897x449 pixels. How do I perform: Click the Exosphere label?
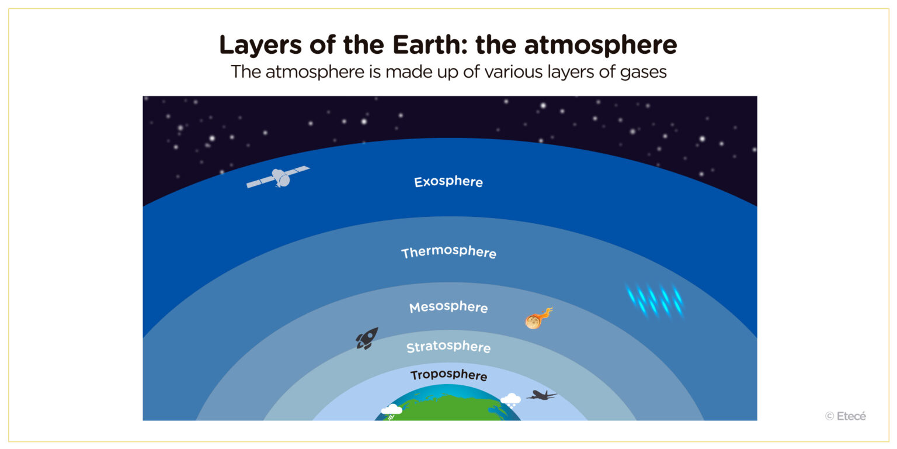point(448,182)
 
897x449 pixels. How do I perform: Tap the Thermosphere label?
point(448,253)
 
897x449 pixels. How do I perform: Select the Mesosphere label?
point(448,307)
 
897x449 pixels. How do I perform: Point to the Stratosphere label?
point(448,347)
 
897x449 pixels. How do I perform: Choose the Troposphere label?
point(448,375)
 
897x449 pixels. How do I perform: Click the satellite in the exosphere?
point(278,177)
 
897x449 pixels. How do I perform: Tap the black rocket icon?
point(367,338)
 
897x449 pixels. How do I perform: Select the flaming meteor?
point(533,321)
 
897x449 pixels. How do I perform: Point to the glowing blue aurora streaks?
point(655,300)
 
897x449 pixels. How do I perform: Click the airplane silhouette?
point(541,395)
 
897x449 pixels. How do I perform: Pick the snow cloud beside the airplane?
point(510,400)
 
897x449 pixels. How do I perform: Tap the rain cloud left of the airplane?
point(391,410)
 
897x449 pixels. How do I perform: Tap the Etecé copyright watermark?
point(846,416)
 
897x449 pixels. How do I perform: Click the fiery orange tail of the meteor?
point(545,314)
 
